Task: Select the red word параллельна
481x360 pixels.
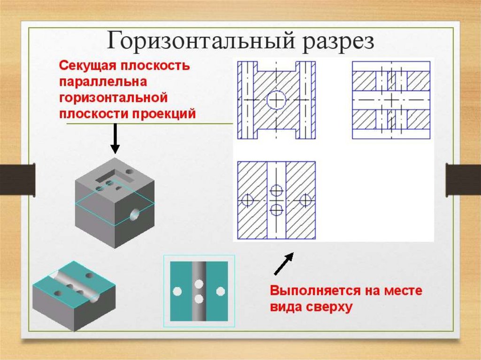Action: point(103,82)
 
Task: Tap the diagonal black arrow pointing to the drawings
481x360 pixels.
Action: point(284,263)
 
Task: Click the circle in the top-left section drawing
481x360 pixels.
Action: point(276,100)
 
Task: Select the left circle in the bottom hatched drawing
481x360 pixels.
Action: point(246,200)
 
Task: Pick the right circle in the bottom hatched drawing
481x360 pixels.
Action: point(306,200)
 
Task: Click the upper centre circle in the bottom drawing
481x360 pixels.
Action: point(276,191)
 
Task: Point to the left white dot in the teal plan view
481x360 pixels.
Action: point(177,291)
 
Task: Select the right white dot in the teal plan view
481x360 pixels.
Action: point(220,291)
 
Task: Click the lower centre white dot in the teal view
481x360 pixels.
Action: point(199,299)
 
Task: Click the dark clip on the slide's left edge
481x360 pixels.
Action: point(17,179)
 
